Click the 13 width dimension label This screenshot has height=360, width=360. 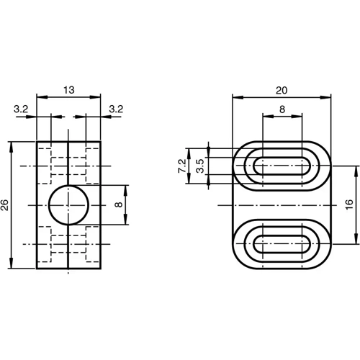tap(68, 90)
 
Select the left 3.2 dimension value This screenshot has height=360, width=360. tap(21, 109)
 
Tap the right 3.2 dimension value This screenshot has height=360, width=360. tap(116, 109)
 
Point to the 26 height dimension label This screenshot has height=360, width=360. tap(6, 205)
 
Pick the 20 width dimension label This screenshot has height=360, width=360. tap(282, 90)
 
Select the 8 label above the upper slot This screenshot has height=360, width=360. tap(282, 109)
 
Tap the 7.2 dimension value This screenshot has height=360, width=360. tap(181, 165)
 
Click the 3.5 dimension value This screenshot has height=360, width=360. tap(199, 165)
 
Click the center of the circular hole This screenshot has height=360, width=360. tap(68, 205)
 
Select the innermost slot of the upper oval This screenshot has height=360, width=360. tap(282, 165)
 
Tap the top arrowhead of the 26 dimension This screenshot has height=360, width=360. tap(12, 145)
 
